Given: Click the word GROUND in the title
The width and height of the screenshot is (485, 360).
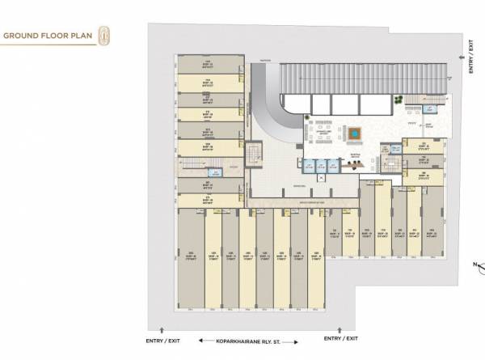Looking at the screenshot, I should (22, 36).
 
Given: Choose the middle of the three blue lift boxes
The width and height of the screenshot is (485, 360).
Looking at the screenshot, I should (323, 168).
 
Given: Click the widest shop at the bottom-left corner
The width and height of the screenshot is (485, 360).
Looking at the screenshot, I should (191, 259).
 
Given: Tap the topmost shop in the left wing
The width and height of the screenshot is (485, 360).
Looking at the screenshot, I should (209, 64).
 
